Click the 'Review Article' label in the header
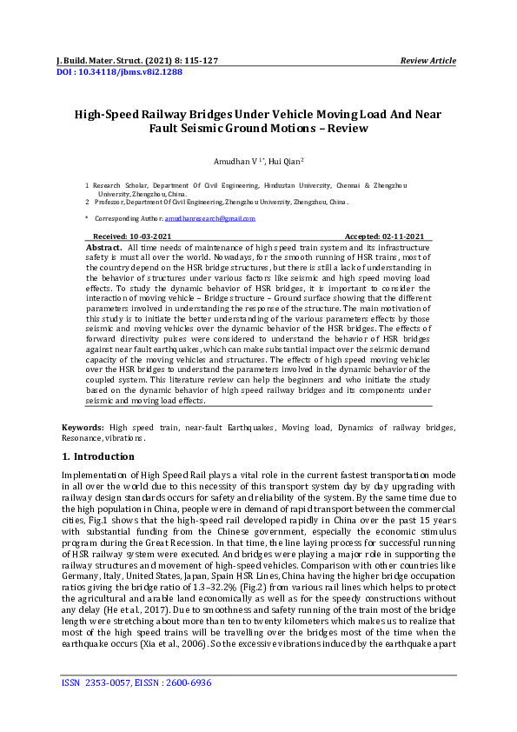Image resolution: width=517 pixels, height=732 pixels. click(428, 61)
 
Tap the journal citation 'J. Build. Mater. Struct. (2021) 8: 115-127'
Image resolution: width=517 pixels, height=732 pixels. click(137, 61)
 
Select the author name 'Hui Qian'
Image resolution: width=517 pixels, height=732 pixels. click(285, 162)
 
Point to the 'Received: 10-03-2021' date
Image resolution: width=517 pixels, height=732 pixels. click(132, 236)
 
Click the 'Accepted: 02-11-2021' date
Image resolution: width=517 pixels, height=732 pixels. click(384, 236)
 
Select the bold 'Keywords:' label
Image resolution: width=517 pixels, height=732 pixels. click(83, 428)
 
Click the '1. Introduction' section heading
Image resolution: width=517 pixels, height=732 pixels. click(98, 456)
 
